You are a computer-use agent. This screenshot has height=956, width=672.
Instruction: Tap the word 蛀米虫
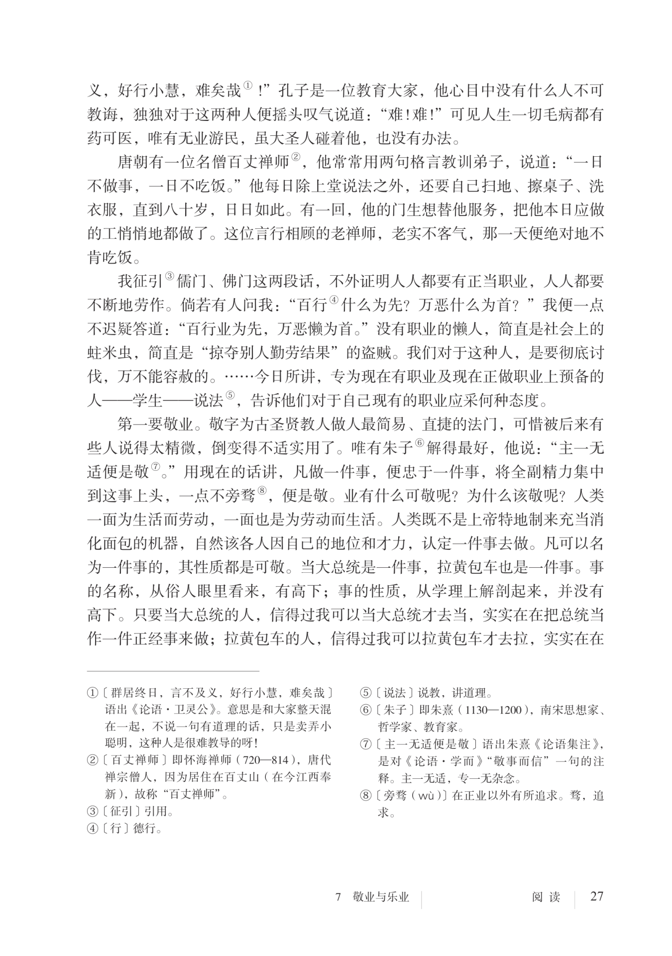[x=110, y=353]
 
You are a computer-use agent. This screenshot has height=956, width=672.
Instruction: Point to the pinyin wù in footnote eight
[x=427, y=796]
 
